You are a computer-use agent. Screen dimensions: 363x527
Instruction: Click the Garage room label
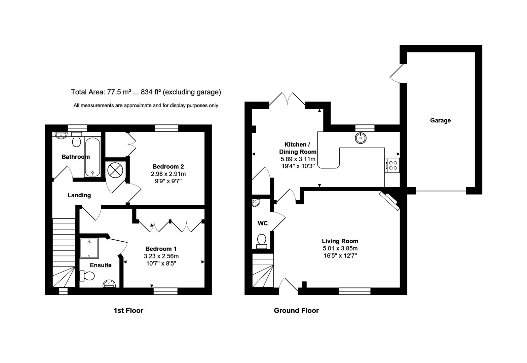[440, 120]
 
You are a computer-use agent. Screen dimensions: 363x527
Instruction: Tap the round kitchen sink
[361, 138]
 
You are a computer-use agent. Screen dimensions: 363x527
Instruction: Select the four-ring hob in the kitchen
[392, 165]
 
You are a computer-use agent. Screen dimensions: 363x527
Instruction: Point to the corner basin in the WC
[256, 203]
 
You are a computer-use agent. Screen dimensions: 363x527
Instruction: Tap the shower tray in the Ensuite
[89, 248]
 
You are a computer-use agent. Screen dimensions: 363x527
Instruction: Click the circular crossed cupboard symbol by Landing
[115, 170]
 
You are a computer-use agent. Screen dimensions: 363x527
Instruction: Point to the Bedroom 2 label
[168, 166]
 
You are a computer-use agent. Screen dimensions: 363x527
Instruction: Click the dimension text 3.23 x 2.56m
[161, 256]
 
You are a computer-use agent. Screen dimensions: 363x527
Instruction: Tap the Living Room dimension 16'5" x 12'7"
[340, 255]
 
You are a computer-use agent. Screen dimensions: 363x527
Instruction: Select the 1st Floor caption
[128, 311]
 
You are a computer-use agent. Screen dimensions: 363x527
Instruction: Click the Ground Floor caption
[296, 311]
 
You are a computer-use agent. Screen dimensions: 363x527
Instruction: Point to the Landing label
[79, 195]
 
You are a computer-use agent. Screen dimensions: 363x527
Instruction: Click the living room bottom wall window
[354, 291]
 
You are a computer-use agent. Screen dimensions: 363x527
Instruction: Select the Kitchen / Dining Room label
[297, 148]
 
